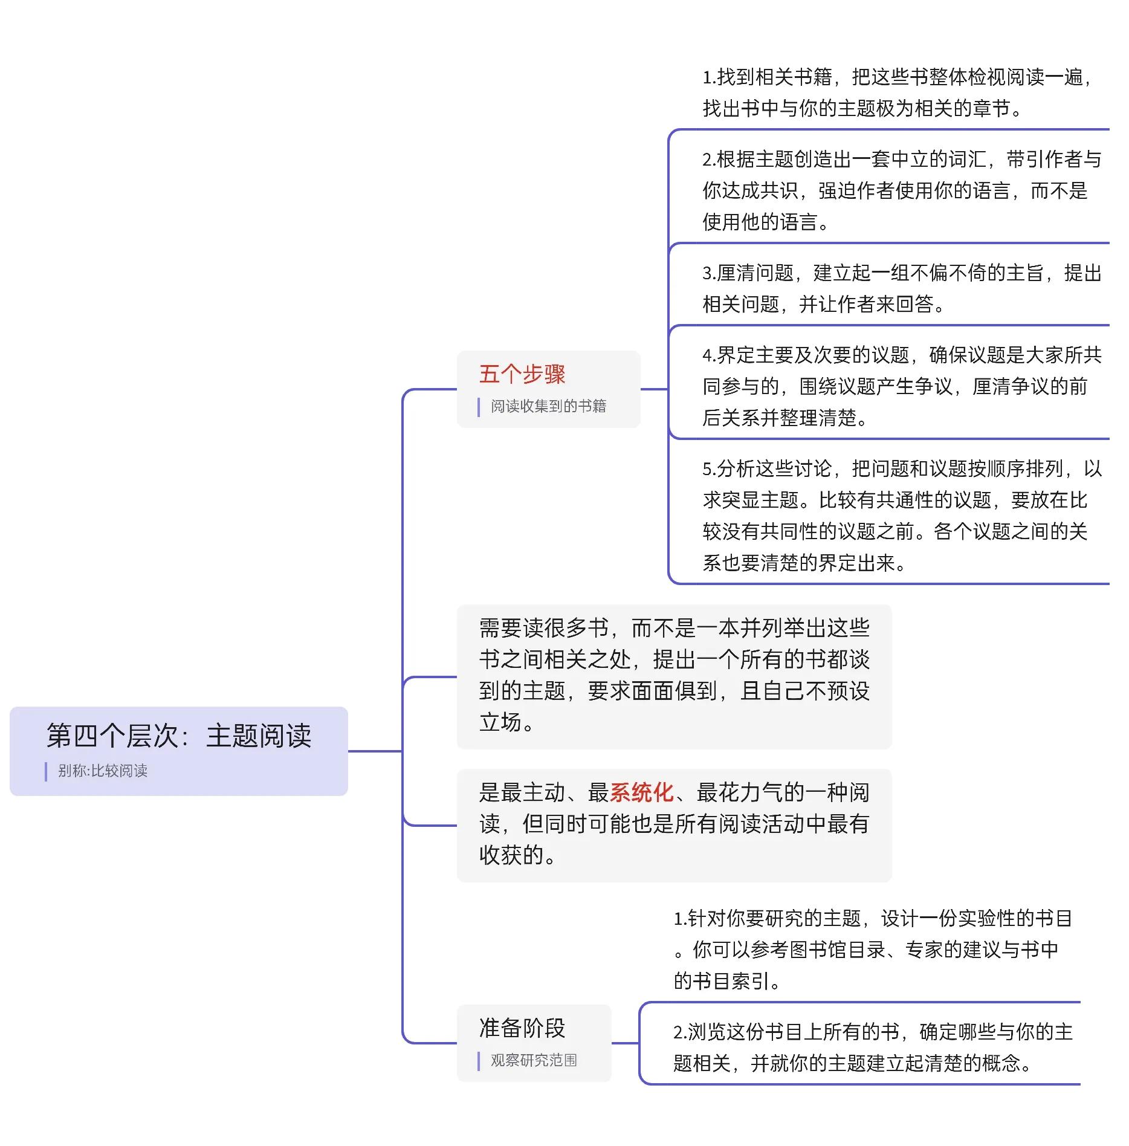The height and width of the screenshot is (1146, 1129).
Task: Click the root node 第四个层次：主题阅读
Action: point(179,736)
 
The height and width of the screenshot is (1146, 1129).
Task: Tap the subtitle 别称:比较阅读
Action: point(103,771)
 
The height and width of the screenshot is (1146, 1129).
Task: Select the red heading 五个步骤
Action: point(522,374)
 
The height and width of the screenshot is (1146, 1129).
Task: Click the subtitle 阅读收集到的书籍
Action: point(548,406)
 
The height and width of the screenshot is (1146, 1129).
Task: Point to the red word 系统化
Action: point(641,792)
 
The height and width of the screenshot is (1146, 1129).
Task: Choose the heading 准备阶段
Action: point(522,1028)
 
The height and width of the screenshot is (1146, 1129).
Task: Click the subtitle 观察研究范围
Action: point(534,1060)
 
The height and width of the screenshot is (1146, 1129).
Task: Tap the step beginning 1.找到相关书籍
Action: point(899,92)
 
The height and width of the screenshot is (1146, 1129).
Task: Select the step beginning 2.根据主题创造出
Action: point(902,190)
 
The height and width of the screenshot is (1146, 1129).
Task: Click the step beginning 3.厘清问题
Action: point(902,288)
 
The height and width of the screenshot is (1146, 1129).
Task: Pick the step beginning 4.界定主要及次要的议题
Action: point(902,386)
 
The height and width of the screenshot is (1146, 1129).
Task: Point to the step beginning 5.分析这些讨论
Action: point(902,516)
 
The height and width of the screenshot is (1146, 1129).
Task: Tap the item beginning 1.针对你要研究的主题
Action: point(873,950)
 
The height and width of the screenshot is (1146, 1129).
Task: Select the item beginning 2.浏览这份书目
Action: point(873,1047)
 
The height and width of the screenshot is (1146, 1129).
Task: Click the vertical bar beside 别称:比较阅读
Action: point(46,771)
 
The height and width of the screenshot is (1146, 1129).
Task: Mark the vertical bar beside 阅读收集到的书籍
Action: point(479,407)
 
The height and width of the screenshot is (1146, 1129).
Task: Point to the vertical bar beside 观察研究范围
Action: point(479,1061)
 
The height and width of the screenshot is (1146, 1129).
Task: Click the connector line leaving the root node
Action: point(375,751)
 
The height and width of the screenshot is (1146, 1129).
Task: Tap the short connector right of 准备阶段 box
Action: point(626,1043)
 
